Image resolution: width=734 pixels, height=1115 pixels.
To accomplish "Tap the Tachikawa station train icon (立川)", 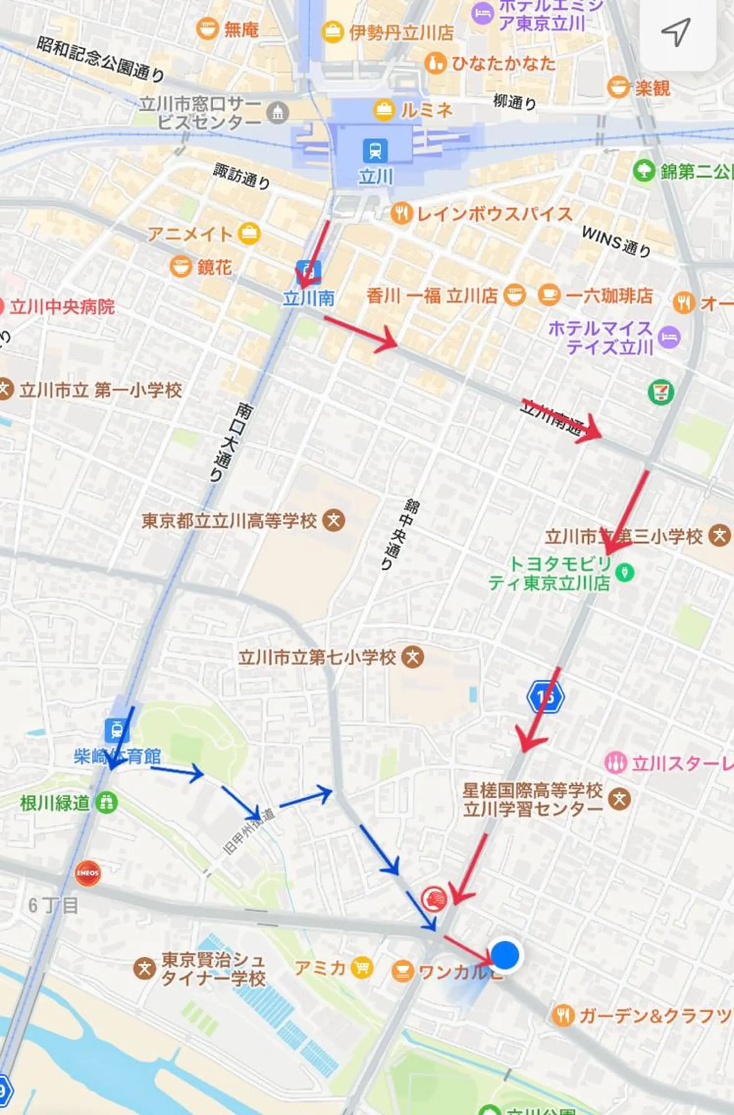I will click(375, 150).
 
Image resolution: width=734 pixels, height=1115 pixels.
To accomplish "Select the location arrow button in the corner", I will click(676, 33).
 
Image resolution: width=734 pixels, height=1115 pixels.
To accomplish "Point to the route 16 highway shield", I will click(545, 697).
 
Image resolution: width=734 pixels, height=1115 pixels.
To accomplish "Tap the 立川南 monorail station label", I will click(308, 298).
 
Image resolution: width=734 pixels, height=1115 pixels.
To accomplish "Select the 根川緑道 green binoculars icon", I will click(106, 803).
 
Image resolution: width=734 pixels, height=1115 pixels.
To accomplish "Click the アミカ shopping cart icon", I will click(362, 968).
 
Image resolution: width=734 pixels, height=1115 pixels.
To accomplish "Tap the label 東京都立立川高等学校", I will click(229, 521).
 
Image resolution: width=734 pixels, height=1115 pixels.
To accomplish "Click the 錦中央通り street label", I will click(399, 534).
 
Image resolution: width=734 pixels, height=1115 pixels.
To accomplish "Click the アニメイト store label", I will click(190, 234).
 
